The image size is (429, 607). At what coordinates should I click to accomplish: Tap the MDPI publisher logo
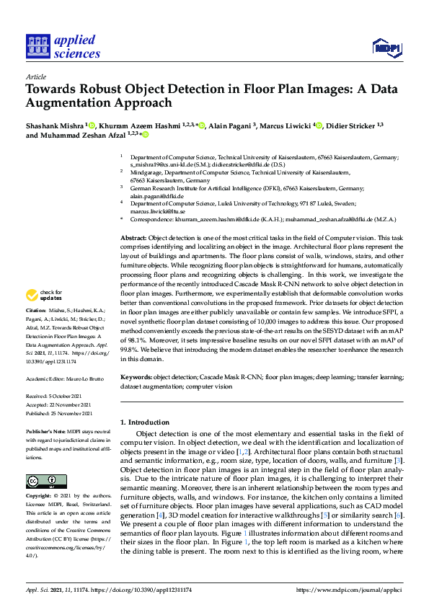386,48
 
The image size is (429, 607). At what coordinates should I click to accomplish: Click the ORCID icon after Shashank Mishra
92,125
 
